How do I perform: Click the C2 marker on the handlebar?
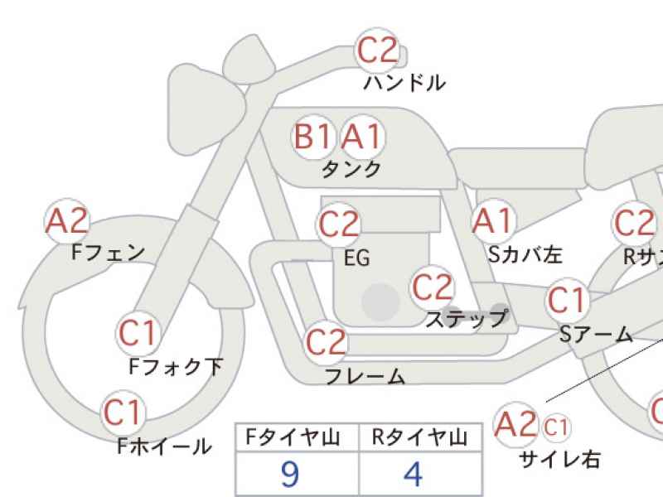377,50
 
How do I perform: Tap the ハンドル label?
404,83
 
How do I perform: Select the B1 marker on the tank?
313,137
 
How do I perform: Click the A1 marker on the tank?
362,137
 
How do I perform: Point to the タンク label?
351,170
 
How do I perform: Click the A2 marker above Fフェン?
67,220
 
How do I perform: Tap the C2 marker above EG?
338,224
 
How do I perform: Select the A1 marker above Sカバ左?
493,220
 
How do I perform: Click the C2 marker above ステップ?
432,287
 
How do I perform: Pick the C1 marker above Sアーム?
568,300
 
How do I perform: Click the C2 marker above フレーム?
326,342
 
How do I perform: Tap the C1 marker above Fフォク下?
138,334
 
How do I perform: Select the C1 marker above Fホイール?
123,413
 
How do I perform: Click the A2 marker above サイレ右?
515,424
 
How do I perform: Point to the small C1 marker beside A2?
555,427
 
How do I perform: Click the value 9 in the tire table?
290,474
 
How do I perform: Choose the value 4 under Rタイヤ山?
413,474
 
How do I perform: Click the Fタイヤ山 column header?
293,437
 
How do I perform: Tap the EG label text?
357,258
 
